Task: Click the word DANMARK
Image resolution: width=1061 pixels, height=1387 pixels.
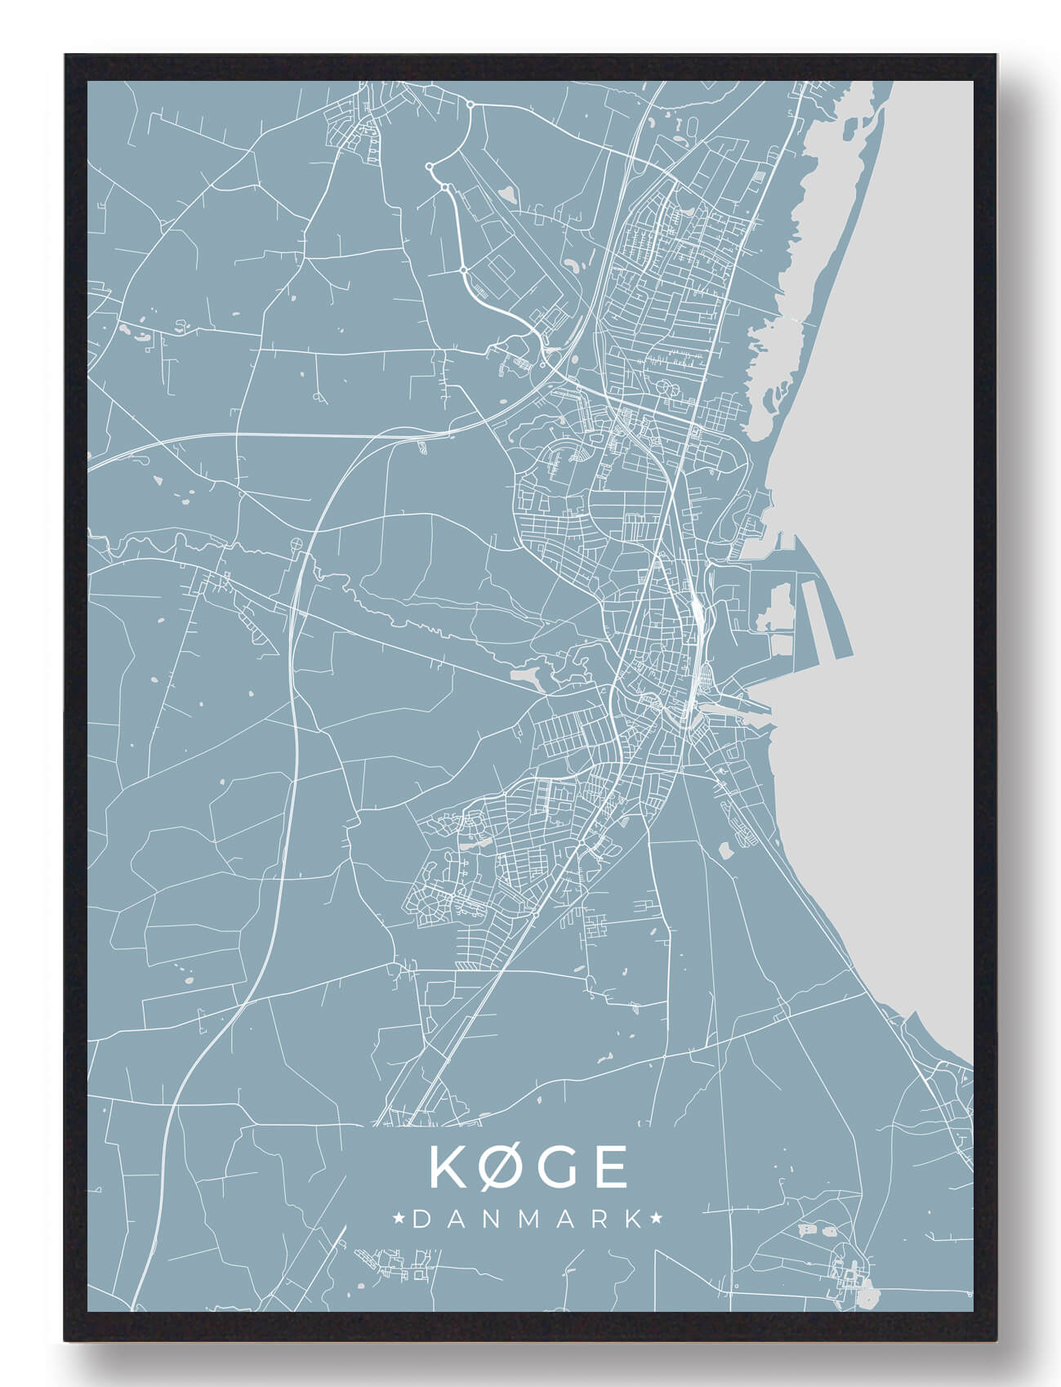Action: pos(528,1219)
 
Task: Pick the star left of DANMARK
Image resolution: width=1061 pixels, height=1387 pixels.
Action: pos(400,1219)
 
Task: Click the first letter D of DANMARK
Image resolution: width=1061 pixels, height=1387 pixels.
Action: pos(421,1219)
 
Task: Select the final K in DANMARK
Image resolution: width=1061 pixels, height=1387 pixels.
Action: pos(634,1219)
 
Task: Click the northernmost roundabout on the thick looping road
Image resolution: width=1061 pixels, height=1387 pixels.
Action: pos(470,104)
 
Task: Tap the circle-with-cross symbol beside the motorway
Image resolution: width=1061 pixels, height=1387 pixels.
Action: pos(296,542)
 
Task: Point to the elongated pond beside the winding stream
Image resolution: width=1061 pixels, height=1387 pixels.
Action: pos(524,676)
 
